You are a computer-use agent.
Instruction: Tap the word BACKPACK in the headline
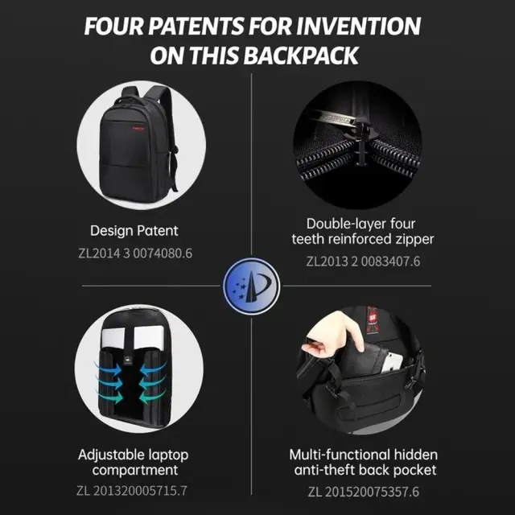pos(301,56)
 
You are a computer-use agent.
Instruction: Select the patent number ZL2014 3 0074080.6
pos(135,253)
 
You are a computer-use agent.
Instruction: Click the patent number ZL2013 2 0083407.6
pos(363,262)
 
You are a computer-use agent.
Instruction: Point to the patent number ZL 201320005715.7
pos(132,491)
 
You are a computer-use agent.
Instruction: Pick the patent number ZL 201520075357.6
pos(363,492)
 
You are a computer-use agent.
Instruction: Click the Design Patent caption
pos(134,231)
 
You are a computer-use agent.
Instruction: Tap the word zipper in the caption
pos(414,240)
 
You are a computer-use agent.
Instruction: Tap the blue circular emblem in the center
pos(251,286)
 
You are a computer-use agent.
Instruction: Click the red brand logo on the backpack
pos(138,129)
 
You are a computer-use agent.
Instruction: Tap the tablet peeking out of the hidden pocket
pos(393,362)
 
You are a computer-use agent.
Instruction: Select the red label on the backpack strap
pos(373,319)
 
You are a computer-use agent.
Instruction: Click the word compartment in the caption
pos(135,470)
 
